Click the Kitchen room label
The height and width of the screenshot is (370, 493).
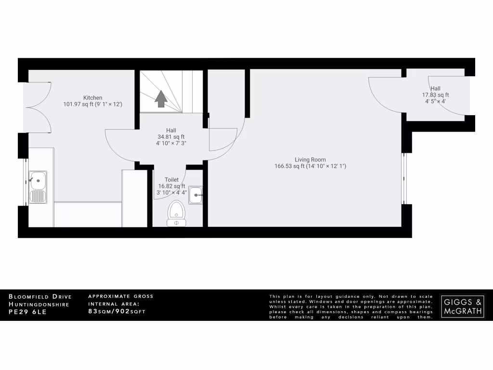click(92, 97)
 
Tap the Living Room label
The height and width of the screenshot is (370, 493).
click(310, 159)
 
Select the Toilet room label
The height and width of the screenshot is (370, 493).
click(172, 180)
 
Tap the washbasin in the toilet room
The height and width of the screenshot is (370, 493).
click(195, 195)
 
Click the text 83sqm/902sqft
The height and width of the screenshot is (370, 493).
click(117, 312)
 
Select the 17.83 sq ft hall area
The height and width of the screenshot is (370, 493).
click(435, 95)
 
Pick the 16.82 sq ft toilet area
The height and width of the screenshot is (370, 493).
click(172, 186)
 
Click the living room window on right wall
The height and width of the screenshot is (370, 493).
click(405, 178)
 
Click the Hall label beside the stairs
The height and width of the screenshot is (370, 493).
click(171, 130)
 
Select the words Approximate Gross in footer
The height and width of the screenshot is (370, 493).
click(121, 296)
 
